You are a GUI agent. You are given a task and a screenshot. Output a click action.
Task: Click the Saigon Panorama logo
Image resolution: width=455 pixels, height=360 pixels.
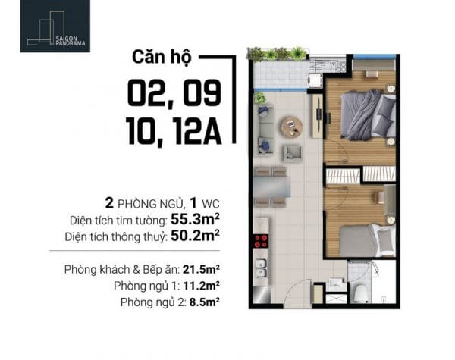coord(55,26)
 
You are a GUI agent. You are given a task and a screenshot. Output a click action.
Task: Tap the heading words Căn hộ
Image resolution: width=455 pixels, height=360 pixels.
coord(162,57)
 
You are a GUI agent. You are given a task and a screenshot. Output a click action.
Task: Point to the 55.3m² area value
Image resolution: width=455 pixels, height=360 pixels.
coord(195,220)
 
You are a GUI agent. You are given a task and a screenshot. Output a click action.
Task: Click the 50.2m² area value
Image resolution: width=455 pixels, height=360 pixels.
coord(195,236)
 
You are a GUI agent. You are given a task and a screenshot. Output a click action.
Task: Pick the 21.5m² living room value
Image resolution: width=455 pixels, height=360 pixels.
coord(201,269)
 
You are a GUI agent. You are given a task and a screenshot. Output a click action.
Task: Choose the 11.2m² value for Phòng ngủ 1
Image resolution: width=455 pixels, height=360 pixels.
coord(201,286)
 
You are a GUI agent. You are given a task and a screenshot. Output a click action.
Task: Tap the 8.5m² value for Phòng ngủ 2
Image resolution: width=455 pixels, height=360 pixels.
coord(205,302)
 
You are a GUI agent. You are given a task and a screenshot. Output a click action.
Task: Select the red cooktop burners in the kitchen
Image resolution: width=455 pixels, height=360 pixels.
coord(261,241)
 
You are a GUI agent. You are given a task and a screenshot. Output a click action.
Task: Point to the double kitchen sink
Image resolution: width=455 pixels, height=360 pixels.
coord(261,268)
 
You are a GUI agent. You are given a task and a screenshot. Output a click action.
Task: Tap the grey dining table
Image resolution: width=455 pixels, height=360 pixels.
coord(272,186)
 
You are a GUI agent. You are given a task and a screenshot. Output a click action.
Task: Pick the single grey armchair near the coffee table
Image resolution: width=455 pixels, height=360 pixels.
coord(293,154)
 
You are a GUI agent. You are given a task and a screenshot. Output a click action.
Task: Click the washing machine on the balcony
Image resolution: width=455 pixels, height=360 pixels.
coord(315,80)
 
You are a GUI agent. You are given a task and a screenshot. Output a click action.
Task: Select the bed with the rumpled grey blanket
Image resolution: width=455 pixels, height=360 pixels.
coord(368,115)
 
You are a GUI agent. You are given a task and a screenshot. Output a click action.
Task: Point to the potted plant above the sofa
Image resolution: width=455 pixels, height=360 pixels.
coord(259,98)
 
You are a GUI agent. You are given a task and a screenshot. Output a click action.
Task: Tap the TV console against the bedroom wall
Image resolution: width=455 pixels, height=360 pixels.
coord(318,116)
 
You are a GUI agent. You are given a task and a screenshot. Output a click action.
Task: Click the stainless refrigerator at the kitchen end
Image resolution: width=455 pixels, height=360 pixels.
coord(262,296)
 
